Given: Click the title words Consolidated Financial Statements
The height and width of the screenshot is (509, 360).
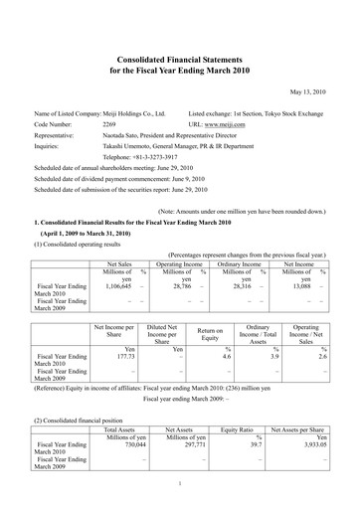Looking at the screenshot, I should pyautogui.click(x=180, y=61).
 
